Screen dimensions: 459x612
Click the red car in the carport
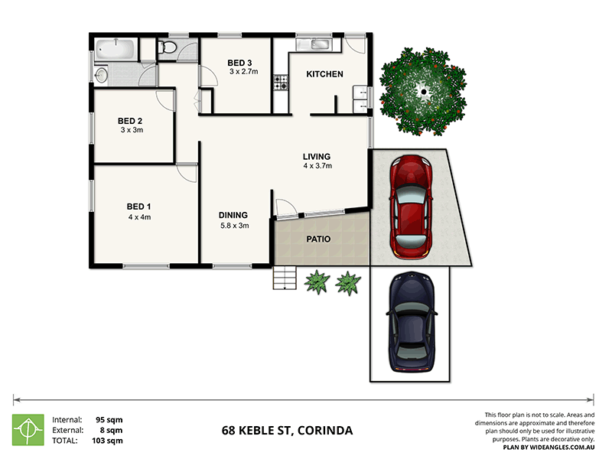(410, 205)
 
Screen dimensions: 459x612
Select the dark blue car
(412, 323)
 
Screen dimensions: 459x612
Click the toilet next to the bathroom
(169, 49)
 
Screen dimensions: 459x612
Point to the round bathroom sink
(102, 74)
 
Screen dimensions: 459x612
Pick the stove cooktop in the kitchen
(281, 80)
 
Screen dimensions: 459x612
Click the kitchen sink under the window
(314, 44)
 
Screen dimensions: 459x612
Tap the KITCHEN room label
(324, 74)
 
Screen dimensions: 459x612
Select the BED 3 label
(239, 62)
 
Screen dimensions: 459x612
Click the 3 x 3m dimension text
(132, 131)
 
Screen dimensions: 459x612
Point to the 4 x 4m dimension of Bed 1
(138, 216)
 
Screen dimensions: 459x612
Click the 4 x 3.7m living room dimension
(316, 166)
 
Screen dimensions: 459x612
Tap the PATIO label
(319, 239)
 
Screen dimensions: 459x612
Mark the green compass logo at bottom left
(28, 429)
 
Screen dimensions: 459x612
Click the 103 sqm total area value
(109, 441)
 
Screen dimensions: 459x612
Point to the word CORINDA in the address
(325, 430)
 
